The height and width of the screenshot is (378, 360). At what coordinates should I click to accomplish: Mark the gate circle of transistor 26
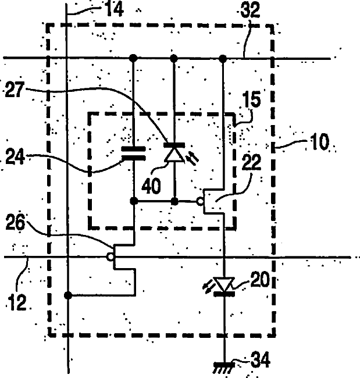point(110,256)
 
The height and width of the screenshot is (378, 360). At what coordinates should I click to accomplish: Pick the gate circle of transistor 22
point(200,202)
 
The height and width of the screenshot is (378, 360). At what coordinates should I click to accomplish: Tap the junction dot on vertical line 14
point(68,295)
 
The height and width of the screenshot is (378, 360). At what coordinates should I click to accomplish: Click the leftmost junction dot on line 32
point(134,58)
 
